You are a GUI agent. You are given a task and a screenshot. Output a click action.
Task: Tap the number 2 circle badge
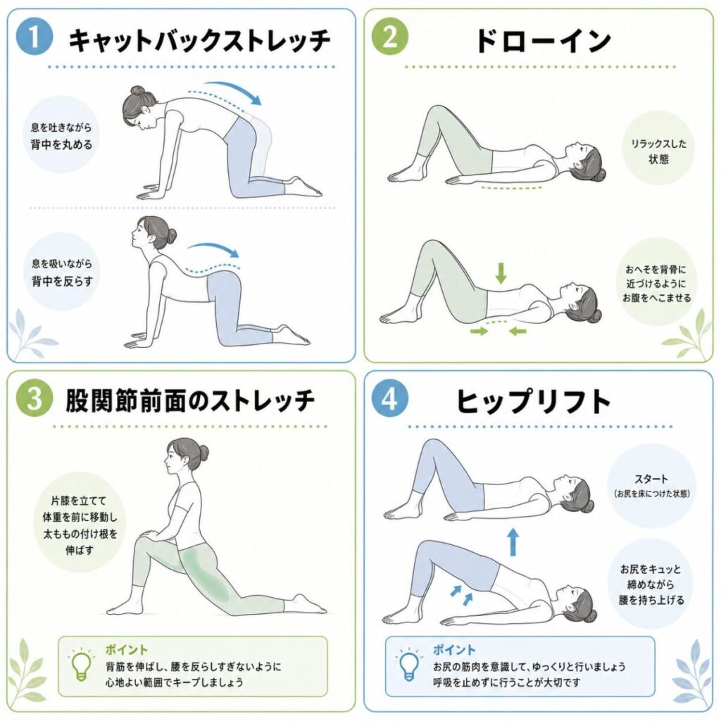pos(389,37)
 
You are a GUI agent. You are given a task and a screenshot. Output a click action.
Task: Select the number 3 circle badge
pos(35,399)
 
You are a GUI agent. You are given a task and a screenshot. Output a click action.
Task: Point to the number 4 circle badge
pos(389,399)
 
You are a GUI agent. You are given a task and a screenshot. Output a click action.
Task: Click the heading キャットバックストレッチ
pos(199,40)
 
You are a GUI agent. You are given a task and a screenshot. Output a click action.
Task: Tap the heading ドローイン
pos(543,40)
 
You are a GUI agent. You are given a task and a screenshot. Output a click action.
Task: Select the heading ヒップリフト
pos(534,401)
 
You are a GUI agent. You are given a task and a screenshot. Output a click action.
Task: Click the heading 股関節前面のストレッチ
pos(190,401)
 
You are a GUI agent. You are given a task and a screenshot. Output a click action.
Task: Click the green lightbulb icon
pos(82,664)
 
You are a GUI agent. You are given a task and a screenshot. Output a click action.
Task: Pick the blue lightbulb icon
pos(408,664)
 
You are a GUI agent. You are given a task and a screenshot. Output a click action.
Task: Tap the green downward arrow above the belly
pos(501,272)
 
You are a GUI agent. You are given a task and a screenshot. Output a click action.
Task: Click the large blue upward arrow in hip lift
pos(513,542)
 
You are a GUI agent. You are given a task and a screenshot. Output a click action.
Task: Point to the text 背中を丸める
pos(62,144)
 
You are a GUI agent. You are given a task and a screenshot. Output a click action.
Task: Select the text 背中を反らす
pos(62,281)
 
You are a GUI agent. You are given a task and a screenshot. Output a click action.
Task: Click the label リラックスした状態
pos(658,151)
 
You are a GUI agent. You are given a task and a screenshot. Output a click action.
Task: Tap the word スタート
pos(651,479)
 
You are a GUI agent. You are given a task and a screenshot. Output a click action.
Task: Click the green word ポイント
pos(127,650)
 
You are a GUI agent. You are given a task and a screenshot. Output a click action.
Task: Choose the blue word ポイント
pos(454,650)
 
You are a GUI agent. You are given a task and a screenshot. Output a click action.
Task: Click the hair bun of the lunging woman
pos(201,451)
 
